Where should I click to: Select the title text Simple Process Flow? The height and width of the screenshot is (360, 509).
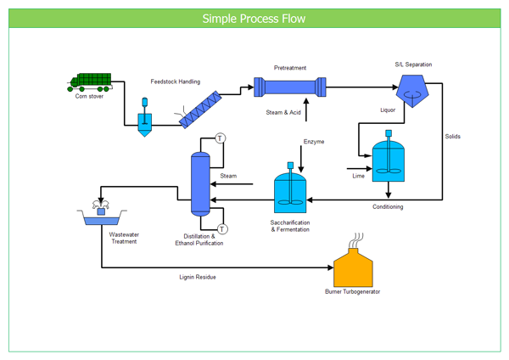255,19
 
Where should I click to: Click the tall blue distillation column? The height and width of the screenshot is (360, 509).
200,183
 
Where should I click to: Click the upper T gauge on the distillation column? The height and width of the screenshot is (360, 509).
220,138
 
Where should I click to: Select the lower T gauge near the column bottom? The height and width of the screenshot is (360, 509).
222,228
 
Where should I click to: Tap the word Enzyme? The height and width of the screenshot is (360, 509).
314,141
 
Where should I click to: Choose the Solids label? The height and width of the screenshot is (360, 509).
452,136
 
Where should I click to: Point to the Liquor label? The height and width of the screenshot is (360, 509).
388,110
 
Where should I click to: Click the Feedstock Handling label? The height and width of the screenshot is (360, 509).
176,82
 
